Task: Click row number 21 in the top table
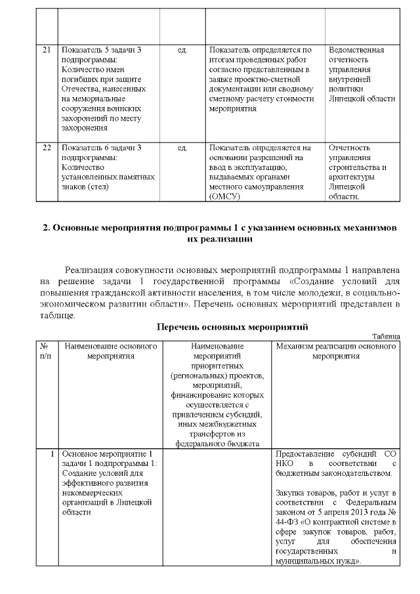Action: pos(47,50)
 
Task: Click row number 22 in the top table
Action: pos(47,148)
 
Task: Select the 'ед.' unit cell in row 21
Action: pos(182,50)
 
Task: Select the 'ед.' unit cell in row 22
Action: pos(182,148)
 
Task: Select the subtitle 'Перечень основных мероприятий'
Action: pos(232,326)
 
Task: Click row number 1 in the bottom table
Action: pos(51,454)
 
